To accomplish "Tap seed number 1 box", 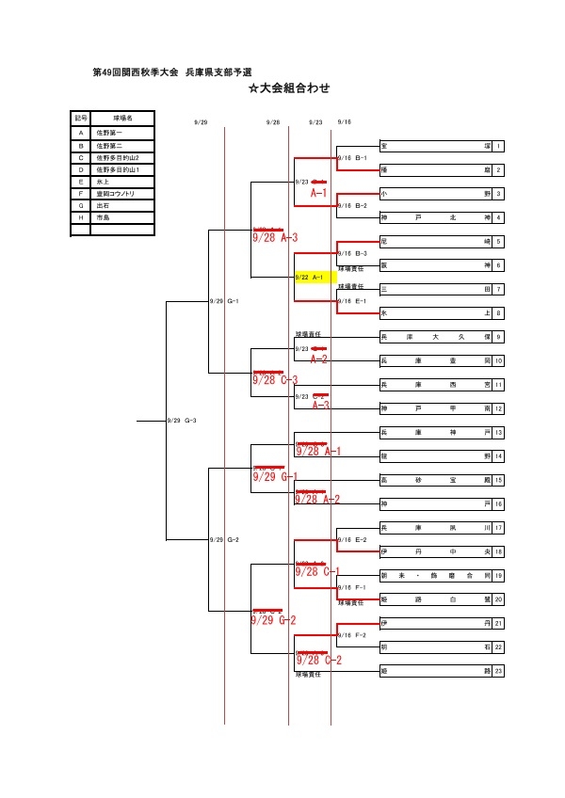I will [498, 146].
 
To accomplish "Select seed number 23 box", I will [498, 671].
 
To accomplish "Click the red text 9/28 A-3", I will [275, 238].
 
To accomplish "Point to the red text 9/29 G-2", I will [274, 620].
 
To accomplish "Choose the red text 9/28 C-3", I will [275, 380].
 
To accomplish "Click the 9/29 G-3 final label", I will [181, 421].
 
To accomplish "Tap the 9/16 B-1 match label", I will [352, 158].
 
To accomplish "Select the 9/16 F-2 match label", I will [352, 635].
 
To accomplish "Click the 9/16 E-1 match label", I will [352, 301].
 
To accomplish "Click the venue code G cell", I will [82, 204].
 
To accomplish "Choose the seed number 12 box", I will [498, 408].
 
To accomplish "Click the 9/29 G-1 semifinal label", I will [224, 301].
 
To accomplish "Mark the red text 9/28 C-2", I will [318, 660].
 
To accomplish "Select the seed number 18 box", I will [498, 551].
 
